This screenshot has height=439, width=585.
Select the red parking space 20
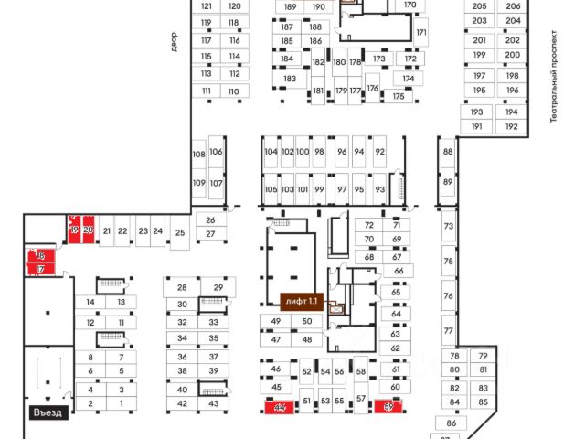[88, 230]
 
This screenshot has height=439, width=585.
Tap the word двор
[173, 41]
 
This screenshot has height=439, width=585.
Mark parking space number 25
[180, 233]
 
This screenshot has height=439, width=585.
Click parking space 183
[290, 79]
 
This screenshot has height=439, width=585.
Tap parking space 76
[448, 296]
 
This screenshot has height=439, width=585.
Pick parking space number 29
[218, 288]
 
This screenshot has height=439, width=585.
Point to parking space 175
[398, 96]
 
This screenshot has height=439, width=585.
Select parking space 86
[451, 423]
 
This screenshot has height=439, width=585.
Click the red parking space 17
[40, 270]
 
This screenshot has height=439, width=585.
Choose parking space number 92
[379, 152]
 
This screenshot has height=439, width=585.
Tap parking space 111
[207, 91]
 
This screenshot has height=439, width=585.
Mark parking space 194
[511, 112]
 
